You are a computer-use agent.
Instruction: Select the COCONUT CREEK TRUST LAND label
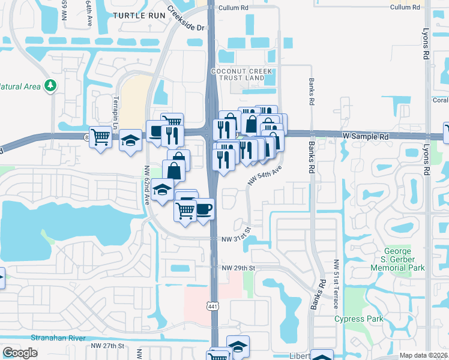tap(242, 75)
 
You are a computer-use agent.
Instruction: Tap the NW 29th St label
tap(238, 268)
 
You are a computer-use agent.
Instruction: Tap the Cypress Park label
tap(359, 319)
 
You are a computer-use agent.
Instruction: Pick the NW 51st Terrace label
tap(336, 284)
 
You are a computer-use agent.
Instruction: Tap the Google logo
tap(20, 353)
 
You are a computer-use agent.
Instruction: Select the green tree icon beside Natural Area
tap(49, 86)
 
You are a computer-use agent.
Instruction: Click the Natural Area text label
tap(20, 86)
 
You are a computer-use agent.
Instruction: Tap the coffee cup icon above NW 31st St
tap(205, 209)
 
